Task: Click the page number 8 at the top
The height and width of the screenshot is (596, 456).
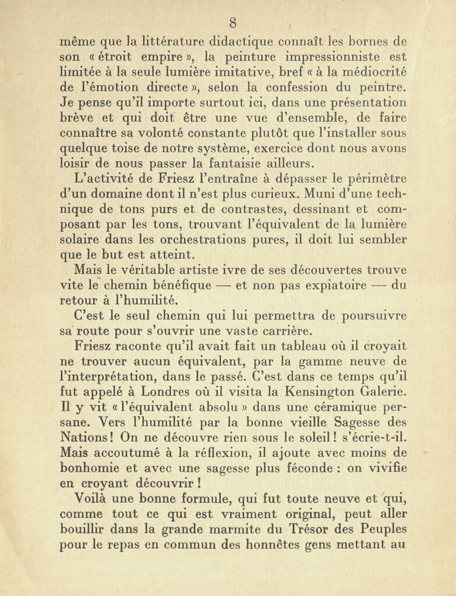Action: tap(233, 23)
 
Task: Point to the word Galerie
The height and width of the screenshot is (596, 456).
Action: tap(373, 391)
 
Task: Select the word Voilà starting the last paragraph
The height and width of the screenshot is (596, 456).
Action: tap(93, 498)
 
